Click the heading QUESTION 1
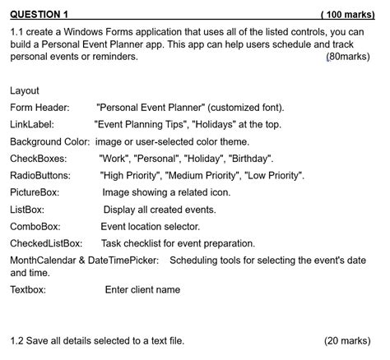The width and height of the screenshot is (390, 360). (39, 15)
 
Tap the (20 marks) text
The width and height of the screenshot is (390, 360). (347, 340)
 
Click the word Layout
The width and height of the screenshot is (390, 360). (25, 90)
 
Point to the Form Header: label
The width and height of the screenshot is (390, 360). (39, 108)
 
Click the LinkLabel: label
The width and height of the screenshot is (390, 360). (32, 125)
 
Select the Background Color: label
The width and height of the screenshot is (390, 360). (50, 141)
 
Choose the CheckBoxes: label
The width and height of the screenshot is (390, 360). (38, 159)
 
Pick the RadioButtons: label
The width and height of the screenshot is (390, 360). (40, 176)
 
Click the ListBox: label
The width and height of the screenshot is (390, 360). (27, 210)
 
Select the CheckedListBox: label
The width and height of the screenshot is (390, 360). (46, 243)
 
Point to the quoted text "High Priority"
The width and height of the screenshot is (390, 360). (130, 176)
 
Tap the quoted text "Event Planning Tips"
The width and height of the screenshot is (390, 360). (141, 125)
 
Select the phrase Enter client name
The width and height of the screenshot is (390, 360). (142, 289)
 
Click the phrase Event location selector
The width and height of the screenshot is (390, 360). (152, 226)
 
